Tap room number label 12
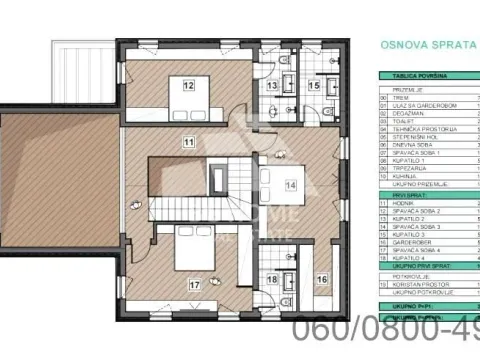tap(187, 85)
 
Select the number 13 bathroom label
tap(272, 87)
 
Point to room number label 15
tap(314, 87)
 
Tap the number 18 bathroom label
tap(272, 281)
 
